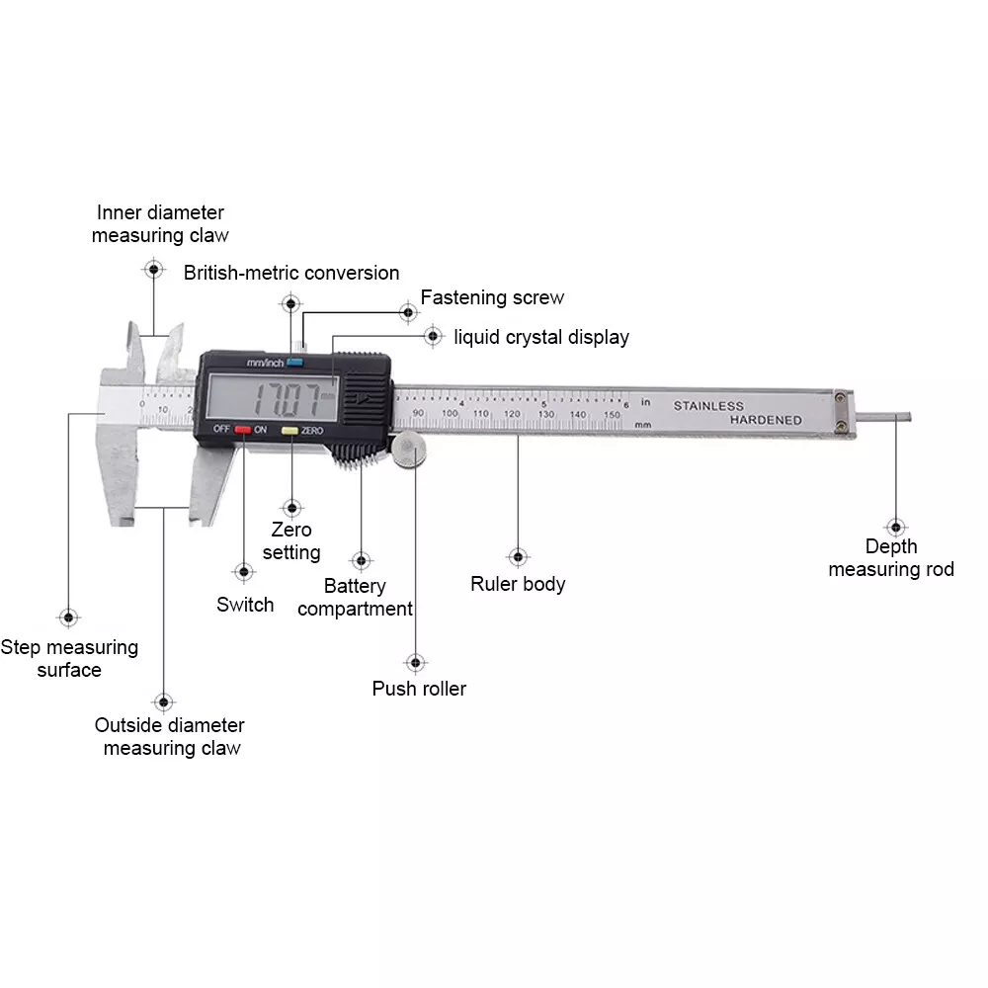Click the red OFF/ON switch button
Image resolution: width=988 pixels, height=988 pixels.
pyautogui.click(x=242, y=430)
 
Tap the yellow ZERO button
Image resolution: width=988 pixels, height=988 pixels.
pyautogui.click(x=290, y=431)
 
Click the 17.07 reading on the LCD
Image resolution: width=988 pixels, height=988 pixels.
pyautogui.click(x=288, y=400)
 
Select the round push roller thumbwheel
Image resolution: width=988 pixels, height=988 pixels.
pyautogui.click(x=410, y=451)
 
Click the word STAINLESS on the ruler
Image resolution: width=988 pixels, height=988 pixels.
pyautogui.click(x=708, y=406)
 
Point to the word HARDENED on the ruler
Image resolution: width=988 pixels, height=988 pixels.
pyautogui.click(x=766, y=421)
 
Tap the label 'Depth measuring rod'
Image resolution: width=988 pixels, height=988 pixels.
pyautogui.click(x=891, y=558)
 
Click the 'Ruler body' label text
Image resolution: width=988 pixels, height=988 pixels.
pyautogui.click(x=518, y=584)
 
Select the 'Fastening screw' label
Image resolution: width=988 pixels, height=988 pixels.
pyautogui.click(x=492, y=297)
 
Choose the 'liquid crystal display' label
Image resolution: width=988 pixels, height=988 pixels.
pyautogui.click(x=541, y=337)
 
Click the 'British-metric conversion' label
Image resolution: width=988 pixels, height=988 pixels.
pyautogui.click(x=291, y=273)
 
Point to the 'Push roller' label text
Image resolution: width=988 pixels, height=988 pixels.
pyautogui.click(x=419, y=689)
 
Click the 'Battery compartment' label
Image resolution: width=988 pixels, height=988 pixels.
pyautogui.click(x=355, y=598)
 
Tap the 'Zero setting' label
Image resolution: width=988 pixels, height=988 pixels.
pyautogui.click(x=291, y=541)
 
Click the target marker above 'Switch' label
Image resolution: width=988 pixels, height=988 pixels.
pyautogui.click(x=243, y=571)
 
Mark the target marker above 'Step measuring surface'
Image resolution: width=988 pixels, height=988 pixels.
pyautogui.click(x=68, y=617)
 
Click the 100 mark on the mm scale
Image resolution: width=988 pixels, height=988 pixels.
pyautogui.click(x=451, y=413)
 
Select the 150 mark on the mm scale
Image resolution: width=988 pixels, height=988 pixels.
pyautogui.click(x=611, y=415)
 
